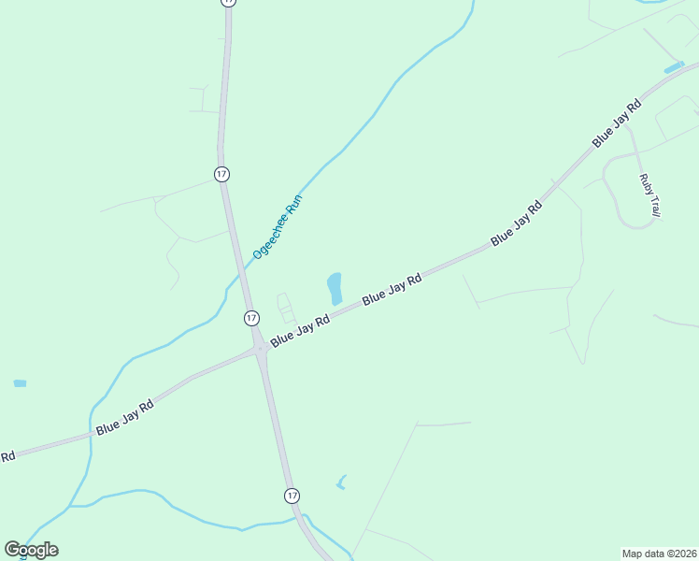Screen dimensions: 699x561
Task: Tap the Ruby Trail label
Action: pos(649,196)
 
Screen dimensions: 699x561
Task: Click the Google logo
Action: pos(31,550)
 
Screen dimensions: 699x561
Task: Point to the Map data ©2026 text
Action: pos(659,554)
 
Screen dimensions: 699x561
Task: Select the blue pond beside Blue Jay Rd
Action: pos(335,288)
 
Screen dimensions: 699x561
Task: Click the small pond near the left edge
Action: pos(20,383)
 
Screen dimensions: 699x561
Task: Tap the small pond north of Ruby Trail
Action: pos(673,68)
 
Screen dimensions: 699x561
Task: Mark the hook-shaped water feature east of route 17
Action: pos(341,482)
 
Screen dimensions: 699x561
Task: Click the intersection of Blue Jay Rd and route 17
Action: pos(259,351)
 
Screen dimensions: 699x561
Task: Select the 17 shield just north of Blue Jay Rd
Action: pos(251,318)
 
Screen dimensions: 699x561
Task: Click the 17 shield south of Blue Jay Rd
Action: pos(292,495)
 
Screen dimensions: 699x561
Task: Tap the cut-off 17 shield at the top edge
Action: pos(228,3)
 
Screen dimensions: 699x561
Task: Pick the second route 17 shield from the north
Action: pos(221,175)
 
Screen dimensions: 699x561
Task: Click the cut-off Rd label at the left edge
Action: pos(7,456)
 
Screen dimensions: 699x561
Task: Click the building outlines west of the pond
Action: pos(285,309)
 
